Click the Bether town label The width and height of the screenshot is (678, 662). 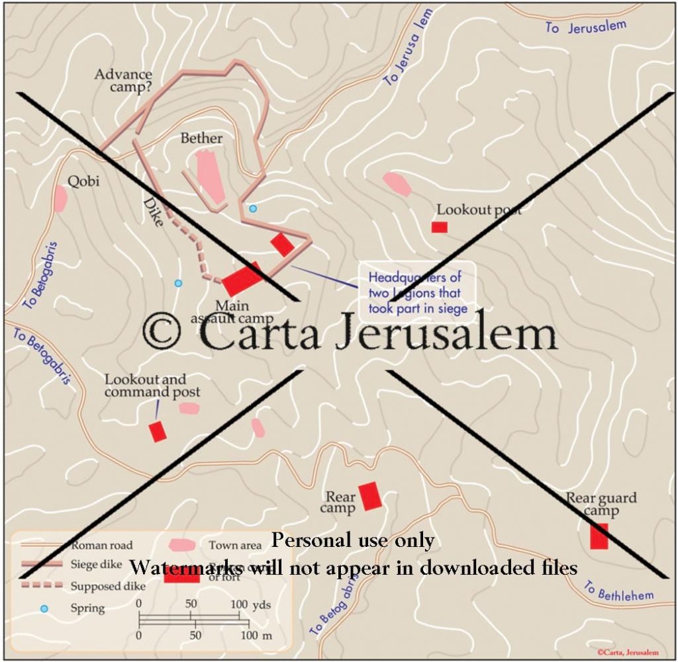[x=201, y=138]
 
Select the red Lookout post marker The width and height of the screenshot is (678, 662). [x=439, y=227]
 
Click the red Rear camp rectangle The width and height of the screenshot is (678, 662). [x=370, y=496]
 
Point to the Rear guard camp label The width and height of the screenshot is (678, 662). [x=601, y=505]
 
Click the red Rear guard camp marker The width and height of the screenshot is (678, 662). [x=599, y=536]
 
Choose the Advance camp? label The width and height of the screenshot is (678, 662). [x=124, y=80]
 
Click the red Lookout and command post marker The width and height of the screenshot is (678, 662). [x=157, y=431]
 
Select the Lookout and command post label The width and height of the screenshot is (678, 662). [x=146, y=386]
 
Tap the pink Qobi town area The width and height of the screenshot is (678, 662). [x=60, y=198]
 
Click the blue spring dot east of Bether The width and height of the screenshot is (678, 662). [x=252, y=209]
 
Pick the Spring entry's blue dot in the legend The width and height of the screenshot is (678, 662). [x=44, y=608]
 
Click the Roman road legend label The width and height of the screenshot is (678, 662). [x=102, y=546]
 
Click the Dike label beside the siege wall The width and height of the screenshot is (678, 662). [x=152, y=212]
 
